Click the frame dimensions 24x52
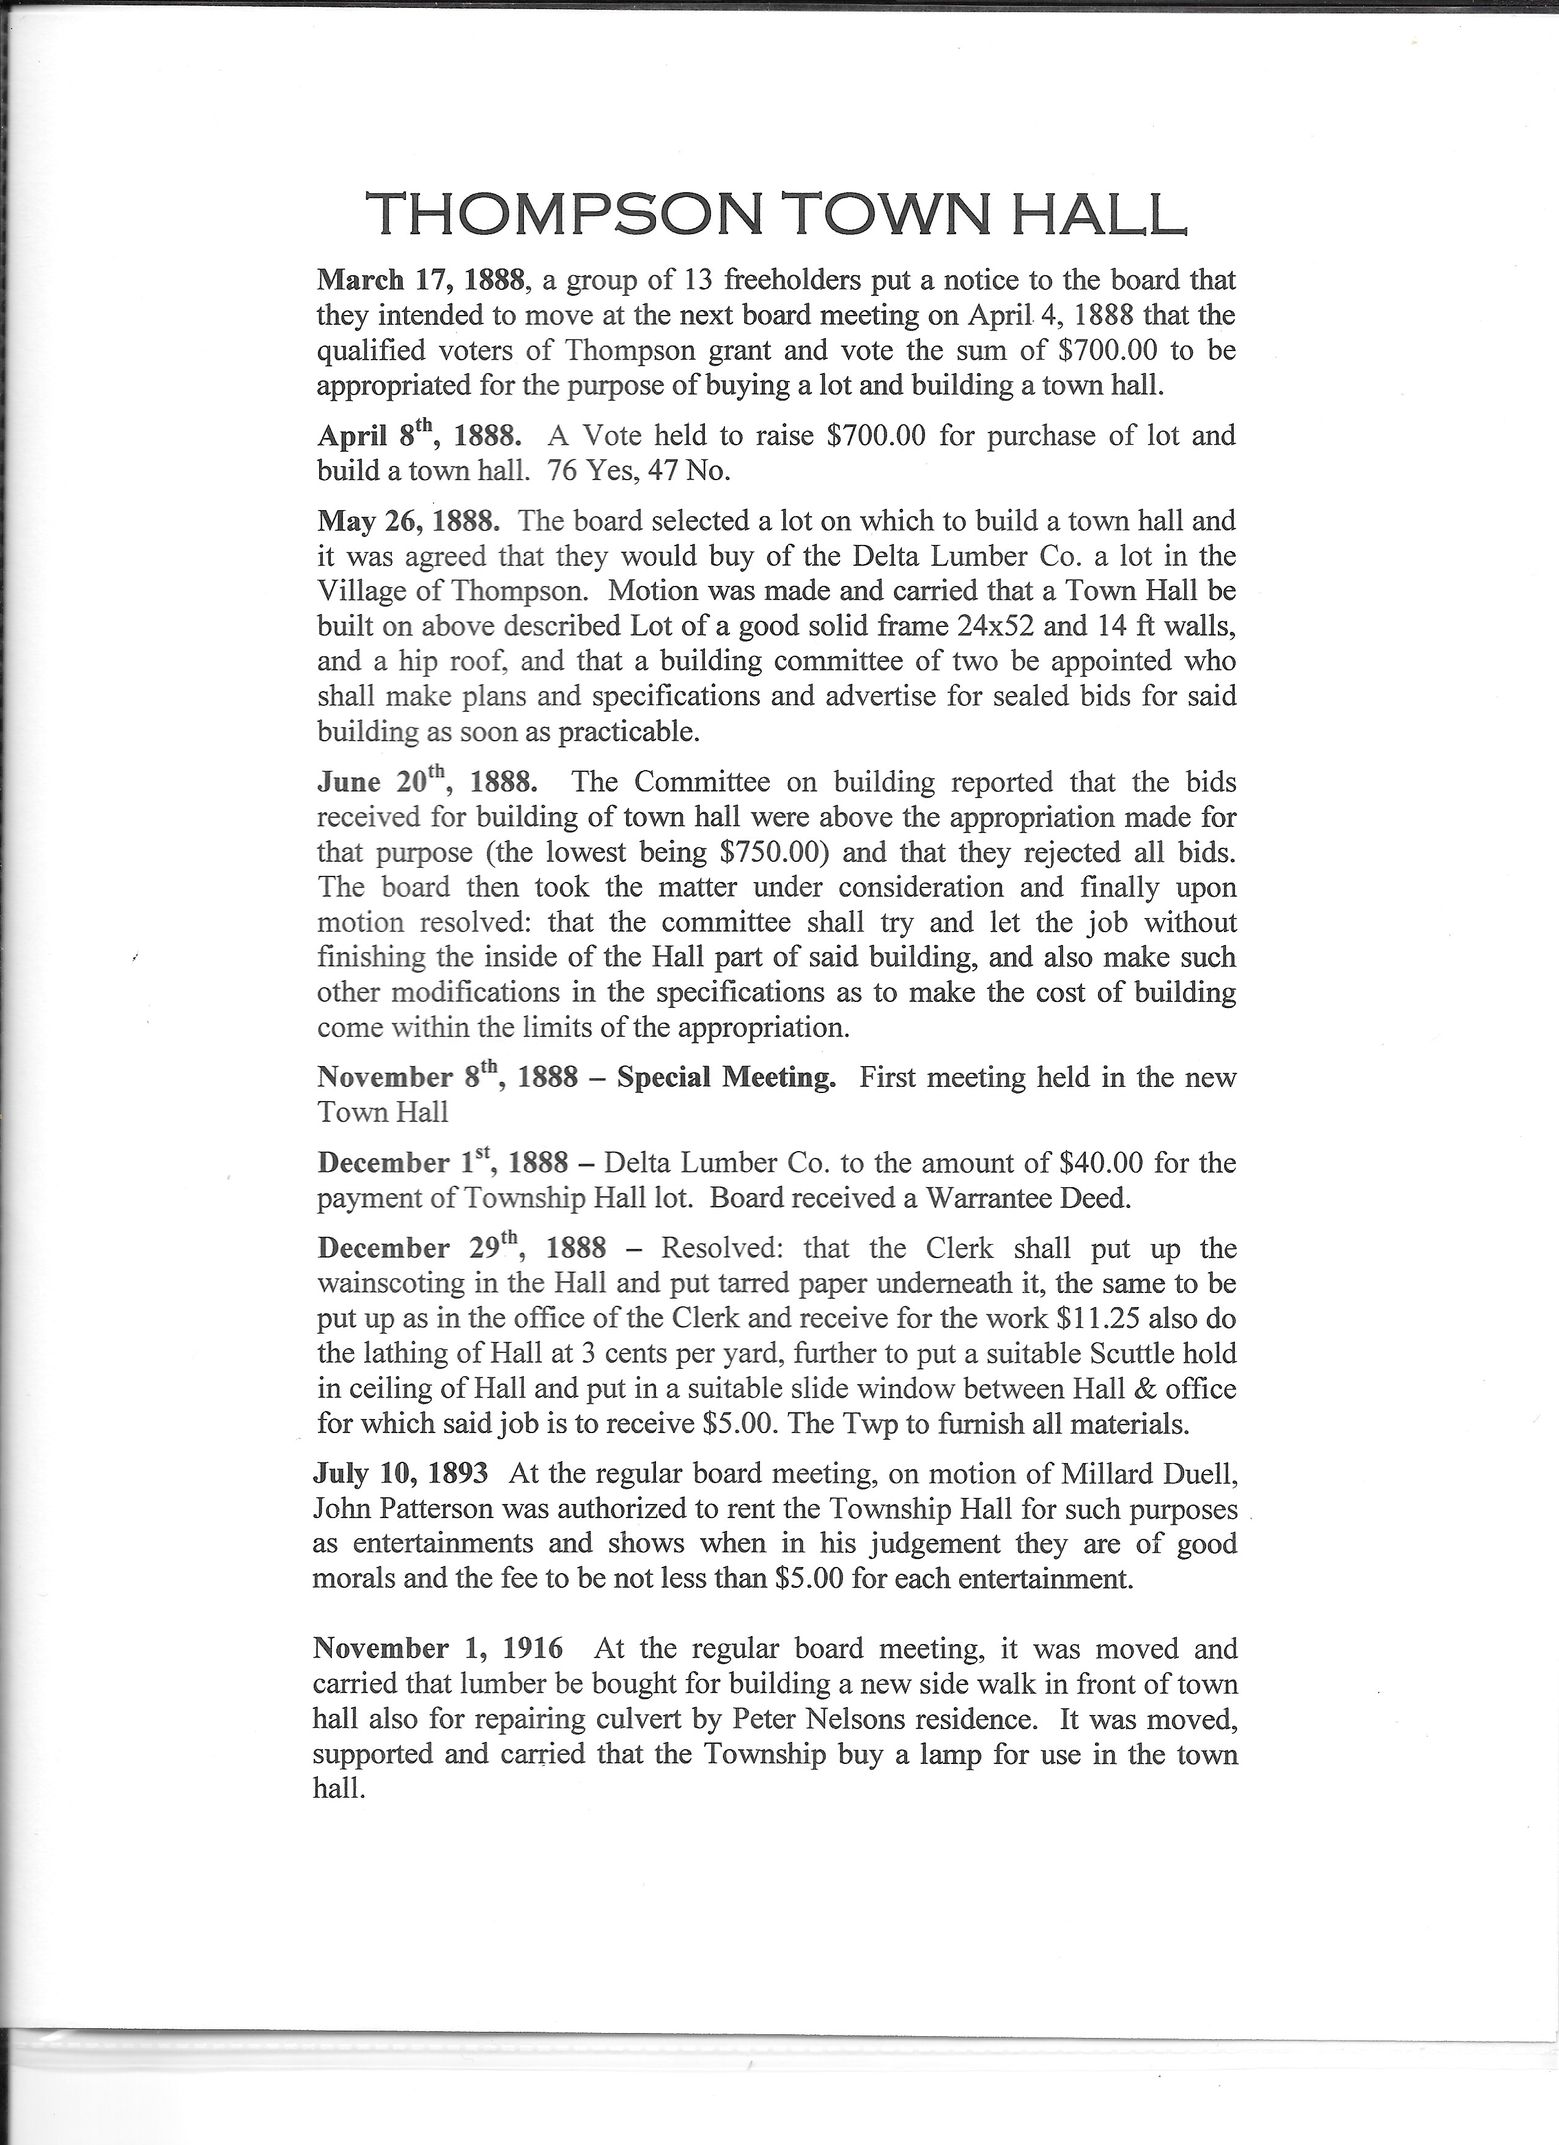point(1031,626)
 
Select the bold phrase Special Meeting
point(726,1077)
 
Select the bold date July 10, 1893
point(401,1473)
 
